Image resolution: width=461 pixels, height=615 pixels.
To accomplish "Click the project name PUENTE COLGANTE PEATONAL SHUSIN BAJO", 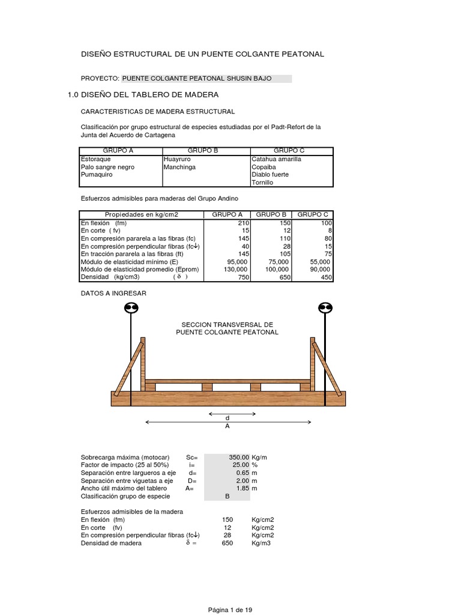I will coord(197,78).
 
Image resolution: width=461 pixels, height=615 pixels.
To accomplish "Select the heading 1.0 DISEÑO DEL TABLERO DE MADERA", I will coord(143,95).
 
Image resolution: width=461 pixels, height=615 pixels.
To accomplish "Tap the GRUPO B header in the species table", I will coord(202,151).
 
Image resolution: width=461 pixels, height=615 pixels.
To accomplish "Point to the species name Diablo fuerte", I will coord(270,175).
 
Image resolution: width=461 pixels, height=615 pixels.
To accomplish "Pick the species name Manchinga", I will coord(179,167).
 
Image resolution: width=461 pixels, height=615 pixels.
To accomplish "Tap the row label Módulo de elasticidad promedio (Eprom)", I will coord(139,270).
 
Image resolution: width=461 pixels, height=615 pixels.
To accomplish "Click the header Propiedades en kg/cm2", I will coord(142,214).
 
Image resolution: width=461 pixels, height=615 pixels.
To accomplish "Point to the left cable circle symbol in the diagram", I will coord(131,308).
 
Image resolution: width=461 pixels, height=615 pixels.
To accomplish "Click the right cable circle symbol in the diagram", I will coord(325,308).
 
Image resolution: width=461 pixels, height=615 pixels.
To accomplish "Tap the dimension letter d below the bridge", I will coord(227,417).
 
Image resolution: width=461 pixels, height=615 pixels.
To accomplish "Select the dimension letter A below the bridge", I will coord(227,426).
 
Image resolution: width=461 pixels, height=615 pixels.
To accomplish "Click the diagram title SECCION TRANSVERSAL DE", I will coord(227,324).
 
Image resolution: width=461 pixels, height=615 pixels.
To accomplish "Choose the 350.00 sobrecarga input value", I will coord(239,457).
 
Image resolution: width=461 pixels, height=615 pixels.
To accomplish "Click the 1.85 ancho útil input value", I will coord(243,488).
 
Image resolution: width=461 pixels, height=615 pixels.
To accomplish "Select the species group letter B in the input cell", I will coord(227,497).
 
